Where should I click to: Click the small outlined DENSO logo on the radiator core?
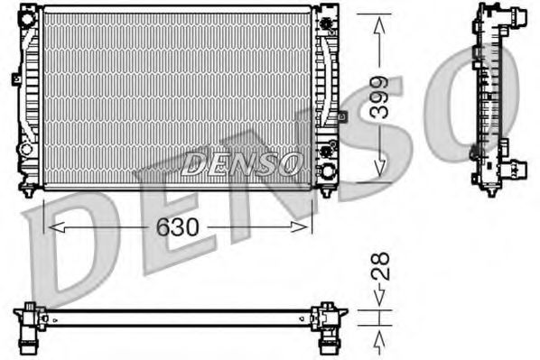(x=241, y=163)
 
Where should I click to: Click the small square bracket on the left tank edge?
(x=16, y=79)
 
